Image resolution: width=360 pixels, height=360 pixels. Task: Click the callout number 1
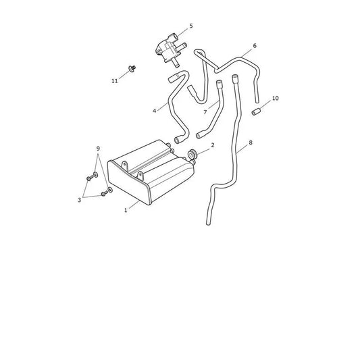point(126,210)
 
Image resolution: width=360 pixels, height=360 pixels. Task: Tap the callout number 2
point(213,145)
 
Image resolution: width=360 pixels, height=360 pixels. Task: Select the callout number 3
point(80,200)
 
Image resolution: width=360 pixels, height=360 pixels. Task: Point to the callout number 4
point(154,111)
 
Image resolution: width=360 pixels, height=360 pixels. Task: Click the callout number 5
point(191,26)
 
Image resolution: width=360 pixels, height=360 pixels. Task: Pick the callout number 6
point(255,46)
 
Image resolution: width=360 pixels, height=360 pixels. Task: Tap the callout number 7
point(205,112)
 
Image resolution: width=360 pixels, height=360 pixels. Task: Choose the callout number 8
point(251,143)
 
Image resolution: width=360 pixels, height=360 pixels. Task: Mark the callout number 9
point(98,149)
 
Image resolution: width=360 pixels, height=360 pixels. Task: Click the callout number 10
point(276,98)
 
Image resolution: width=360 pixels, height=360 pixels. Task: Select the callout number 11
point(115,81)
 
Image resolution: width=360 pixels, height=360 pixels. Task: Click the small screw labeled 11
point(132,68)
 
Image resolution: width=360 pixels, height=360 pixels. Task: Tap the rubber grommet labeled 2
point(192,154)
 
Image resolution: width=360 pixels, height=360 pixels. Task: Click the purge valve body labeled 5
point(170,50)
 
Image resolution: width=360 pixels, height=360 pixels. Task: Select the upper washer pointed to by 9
point(95,174)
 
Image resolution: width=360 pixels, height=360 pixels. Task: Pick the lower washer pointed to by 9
point(110,190)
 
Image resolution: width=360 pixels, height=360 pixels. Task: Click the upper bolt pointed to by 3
point(90,178)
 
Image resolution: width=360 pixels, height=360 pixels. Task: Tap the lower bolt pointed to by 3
point(105,194)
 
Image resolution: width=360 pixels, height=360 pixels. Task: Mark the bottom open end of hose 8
point(208,224)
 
